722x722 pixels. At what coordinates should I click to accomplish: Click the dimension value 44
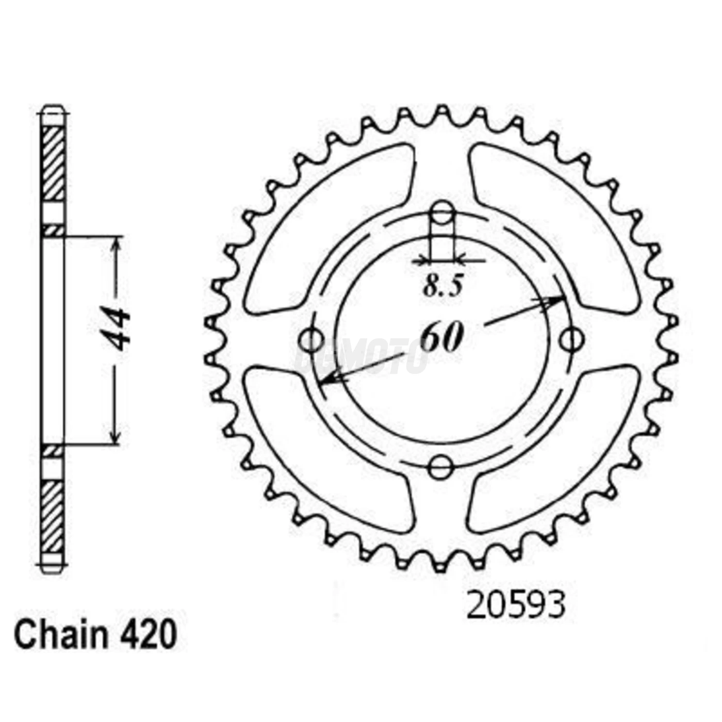click(x=116, y=330)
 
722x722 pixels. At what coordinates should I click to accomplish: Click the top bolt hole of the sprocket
click(x=441, y=213)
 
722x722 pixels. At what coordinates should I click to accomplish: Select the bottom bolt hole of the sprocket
click(x=440, y=467)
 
